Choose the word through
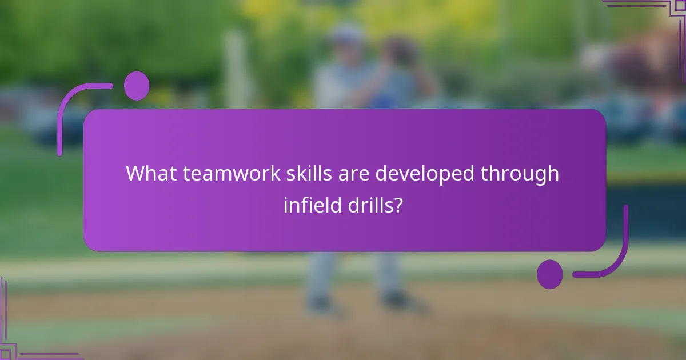coord(520,174)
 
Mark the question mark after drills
coord(396,205)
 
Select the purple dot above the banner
coord(137,86)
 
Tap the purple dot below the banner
coord(550,274)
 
